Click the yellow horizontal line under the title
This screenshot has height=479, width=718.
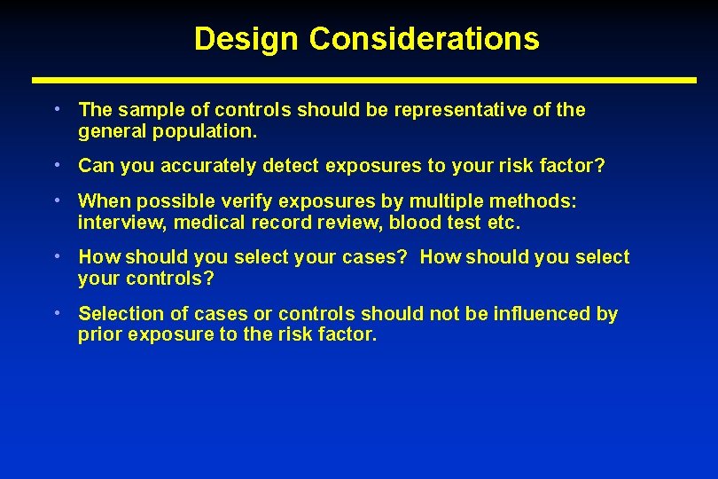pos(364,80)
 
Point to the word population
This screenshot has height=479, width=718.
pos(205,131)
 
